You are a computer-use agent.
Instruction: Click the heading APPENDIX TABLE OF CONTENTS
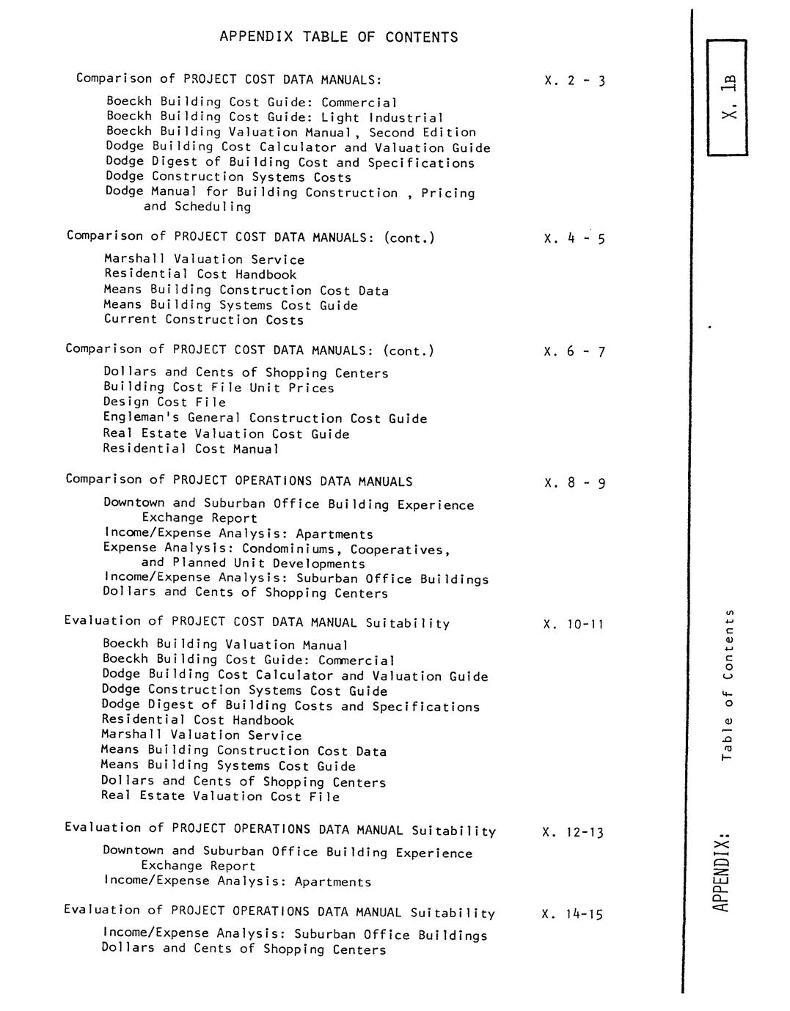[338, 37]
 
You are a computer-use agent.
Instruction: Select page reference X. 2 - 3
[574, 81]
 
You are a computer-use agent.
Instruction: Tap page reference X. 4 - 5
[574, 238]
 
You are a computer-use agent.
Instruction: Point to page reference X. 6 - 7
[574, 352]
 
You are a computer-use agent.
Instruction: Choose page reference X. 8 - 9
[574, 483]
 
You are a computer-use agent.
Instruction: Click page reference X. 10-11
[574, 625]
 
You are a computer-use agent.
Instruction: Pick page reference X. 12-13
[573, 832]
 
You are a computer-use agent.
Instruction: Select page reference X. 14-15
[572, 914]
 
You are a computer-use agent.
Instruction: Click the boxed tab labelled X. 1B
[728, 97]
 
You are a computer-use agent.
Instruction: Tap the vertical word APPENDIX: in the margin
[721, 872]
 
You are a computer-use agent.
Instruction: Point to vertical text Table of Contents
[727, 685]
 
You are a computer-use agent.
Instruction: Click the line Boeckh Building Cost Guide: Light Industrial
[275, 117]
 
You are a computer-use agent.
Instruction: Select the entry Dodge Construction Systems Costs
[228, 177]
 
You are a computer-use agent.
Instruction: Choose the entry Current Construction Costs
[203, 320]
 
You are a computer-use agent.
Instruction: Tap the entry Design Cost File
[164, 402]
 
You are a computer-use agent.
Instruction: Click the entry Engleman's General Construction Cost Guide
[265, 419]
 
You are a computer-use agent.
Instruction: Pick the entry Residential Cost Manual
[191, 449]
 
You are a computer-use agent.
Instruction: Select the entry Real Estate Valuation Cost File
[220, 796]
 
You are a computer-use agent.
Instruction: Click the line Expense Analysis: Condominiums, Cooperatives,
[277, 549]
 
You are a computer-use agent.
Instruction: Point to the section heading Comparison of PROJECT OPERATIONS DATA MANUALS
[238, 481]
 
